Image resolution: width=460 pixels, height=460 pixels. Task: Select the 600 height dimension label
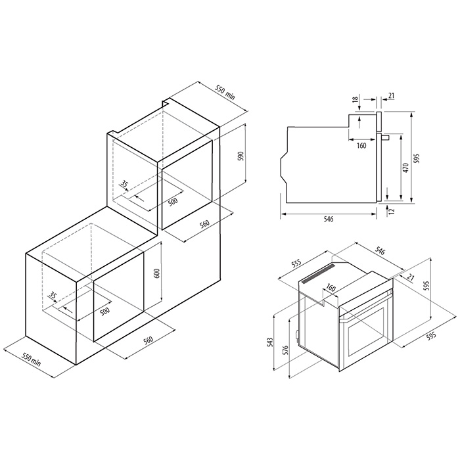[x=157, y=273]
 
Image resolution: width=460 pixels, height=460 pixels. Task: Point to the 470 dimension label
[x=405, y=168]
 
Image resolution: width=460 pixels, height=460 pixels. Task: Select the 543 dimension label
[x=270, y=342]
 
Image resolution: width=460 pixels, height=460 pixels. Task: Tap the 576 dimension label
[x=286, y=350]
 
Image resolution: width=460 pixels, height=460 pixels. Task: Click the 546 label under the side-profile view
[x=329, y=219]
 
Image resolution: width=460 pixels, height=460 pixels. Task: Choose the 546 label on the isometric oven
[x=380, y=252]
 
